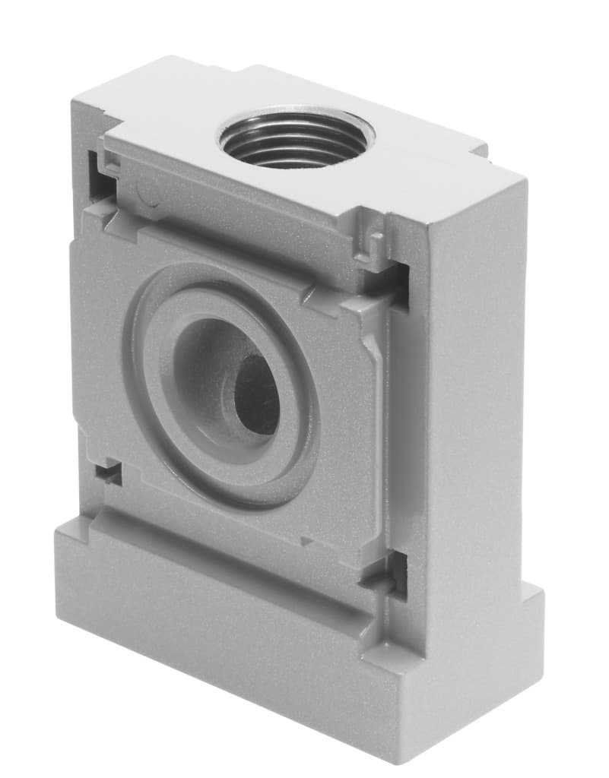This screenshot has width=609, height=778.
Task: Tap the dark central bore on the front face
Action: [x=257, y=394]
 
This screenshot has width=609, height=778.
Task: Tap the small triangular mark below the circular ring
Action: [x=306, y=541]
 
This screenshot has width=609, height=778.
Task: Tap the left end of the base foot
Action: [x=61, y=570]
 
